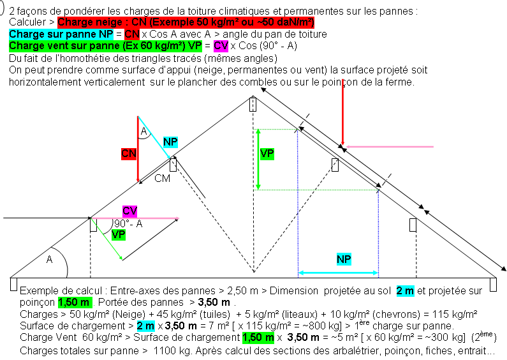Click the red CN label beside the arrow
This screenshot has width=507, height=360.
click(129, 153)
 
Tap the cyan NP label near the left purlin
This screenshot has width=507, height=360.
click(170, 141)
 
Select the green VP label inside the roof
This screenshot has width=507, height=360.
click(267, 153)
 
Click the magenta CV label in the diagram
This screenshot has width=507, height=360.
click(130, 211)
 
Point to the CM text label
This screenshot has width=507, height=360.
click(163, 179)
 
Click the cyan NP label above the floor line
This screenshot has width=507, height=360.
click(344, 259)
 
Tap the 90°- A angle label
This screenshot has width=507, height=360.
click(128, 224)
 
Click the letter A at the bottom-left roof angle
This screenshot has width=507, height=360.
click(50, 260)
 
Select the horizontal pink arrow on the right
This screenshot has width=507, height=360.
click(389, 147)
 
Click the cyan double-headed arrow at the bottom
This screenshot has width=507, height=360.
click(338, 273)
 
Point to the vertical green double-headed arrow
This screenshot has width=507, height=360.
click(258, 160)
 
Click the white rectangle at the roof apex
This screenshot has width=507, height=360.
click(253, 104)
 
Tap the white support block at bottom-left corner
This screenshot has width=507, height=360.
click(13, 284)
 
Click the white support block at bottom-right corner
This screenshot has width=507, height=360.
click(494, 284)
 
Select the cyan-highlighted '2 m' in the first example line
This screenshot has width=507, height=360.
click(404, 290)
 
